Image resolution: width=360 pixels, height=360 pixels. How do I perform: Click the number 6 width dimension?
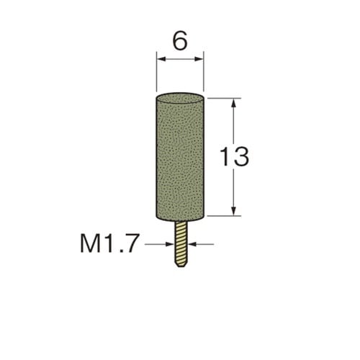pyautogui.click(x=180, y=41)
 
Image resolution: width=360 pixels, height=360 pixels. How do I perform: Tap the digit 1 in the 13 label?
pyautogui.click(x=225, y=157)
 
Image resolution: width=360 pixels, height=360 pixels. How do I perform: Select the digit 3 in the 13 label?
pyautogui.click(x=241, y=157)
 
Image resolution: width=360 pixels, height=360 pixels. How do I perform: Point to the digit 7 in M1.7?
pyautogui.click(x=132, y=243)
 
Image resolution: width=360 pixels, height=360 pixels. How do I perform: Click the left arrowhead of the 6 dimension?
pyautogui.click(x=161, y=59)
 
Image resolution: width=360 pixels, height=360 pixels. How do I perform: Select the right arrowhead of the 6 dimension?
pyautogui.click(x=199, y=59)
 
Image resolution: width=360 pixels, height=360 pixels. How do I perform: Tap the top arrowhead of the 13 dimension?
pyautogui.click(x=234, y=103)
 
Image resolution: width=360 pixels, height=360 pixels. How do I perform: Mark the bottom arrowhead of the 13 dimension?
pyautogui.click(x=234, y=211)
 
